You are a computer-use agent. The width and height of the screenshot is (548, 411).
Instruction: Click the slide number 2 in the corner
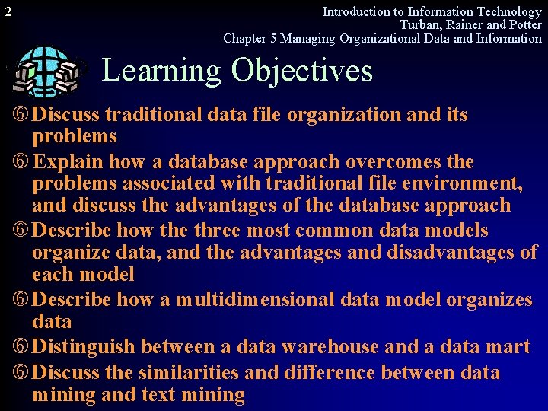pyautogui.click(x=8, y=11)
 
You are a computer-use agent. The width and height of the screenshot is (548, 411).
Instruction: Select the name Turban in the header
pyautogui.click(x=422, y=24)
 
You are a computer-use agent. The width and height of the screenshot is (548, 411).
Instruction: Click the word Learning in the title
pyautogui.click(x=160, y=71)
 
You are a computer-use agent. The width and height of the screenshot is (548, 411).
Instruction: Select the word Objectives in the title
pyautogui.click(x=302, y=71)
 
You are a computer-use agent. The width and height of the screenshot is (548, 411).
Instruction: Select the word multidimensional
pyautogui.click(x=254, y=299)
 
